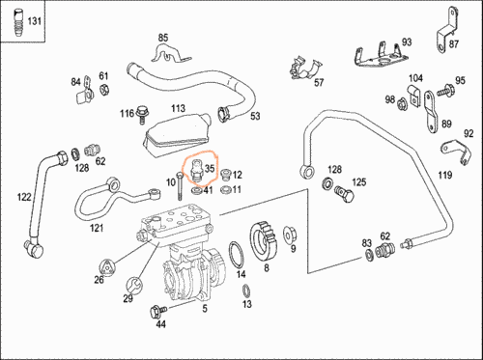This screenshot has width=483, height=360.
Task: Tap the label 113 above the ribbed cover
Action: [x=178, y=108]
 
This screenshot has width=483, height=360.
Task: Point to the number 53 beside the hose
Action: [x=255, y=117]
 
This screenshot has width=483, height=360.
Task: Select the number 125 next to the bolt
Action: [x=358, y=181]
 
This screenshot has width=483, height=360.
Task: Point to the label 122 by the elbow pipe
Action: [x=23, y=197]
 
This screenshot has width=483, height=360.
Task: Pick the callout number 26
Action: [x=99, y=281]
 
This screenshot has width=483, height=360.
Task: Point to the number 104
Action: [x=414, y=78]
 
